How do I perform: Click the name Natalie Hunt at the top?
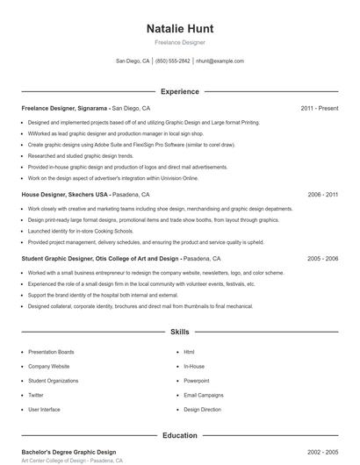point(179,29)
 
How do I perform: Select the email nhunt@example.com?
point(220,61)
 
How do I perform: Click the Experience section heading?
point(179,91)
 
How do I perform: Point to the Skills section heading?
point(179,333)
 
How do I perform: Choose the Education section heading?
point(179,435)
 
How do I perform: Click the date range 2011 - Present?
point(319,108)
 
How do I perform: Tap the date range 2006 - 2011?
point(322,194)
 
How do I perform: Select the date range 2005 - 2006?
point(322,259)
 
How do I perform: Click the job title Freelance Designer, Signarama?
point(65,108)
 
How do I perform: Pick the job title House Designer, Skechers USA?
point(65,194)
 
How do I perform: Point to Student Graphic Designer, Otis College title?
point(101,259)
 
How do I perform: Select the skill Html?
point(189,352)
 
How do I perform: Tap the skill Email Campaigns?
point(204,395)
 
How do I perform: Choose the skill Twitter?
point(36,395)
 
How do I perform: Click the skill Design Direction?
point(203,409)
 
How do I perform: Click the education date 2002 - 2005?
point(322,451)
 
